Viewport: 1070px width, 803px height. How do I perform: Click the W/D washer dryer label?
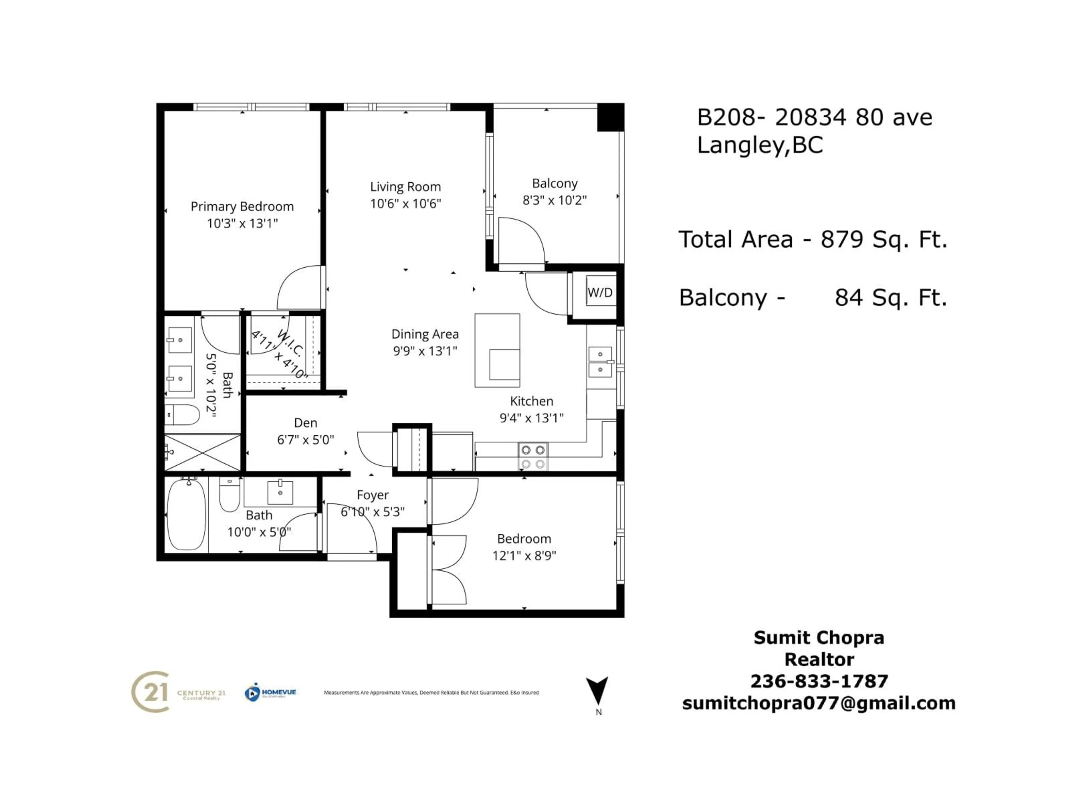pyautogui.click(x=600, y=292)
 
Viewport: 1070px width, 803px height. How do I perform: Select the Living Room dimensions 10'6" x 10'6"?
pyautogui.click(x=405, y=204)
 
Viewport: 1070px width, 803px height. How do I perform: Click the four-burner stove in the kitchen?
pyautogui.click(x=533, y=456)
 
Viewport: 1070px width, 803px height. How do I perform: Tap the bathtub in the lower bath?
pyautogui.click(x=186, y=514)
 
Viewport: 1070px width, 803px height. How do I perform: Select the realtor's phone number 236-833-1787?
pyautogui.click(x=819, y=681)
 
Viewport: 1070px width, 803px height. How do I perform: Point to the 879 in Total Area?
pyautogui.click(x=842, y=239)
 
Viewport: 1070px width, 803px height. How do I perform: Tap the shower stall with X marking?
pyautogui.click(x=202, y=453)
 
